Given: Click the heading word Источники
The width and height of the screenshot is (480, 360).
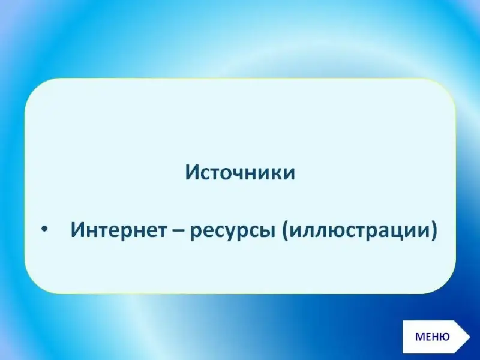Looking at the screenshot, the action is click(240, 172).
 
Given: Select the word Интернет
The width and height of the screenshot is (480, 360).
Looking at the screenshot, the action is click(119, 230).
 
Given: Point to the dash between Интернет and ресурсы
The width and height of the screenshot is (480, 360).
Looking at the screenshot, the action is click(178, 231).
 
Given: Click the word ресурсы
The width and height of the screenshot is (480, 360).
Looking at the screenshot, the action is click(232, 232).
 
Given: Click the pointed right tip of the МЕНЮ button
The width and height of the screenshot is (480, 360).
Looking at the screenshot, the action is click(470, 337).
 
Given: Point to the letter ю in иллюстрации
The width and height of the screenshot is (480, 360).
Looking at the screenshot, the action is click(335, 232).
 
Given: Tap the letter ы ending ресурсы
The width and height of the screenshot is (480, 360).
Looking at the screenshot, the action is click(266, 232).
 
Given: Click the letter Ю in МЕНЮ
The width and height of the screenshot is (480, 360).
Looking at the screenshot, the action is click(444, 337).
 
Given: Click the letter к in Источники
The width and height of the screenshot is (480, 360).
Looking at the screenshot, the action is click(274, 174).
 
